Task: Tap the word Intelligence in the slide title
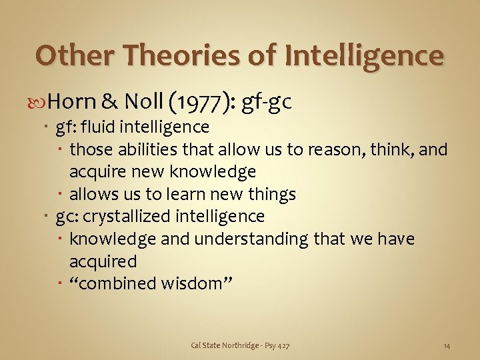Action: pyautogui.click(x=364, y=56)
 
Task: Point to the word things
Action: pyautogui.click(x=272, y=195)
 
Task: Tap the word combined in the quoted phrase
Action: pyautogui.click(x=119, y=283)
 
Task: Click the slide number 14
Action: pyautogui.click(x=447, y=345)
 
